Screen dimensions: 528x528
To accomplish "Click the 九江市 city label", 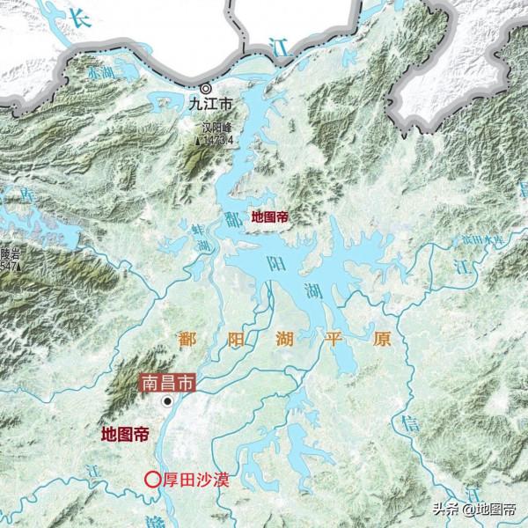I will tap(211, 104).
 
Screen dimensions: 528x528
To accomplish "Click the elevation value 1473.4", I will tap(217, 139).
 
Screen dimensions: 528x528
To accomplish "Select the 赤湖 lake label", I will tap(99, 75).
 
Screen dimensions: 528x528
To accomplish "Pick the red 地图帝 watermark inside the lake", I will tap(270, 216).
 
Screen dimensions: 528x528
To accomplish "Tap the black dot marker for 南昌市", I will tap(167, 401).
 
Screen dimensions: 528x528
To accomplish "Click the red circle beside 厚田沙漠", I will tap(152, 480).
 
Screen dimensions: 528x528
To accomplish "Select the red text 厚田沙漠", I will tap(188, 480).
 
